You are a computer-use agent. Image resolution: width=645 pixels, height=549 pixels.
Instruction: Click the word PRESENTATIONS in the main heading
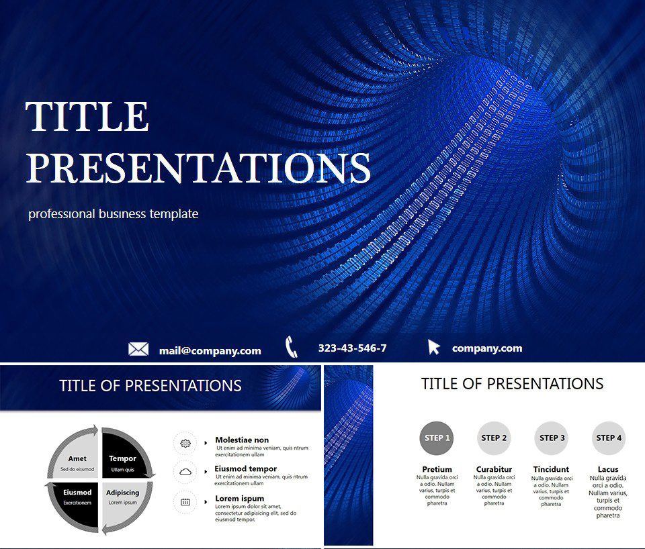click(198, 168)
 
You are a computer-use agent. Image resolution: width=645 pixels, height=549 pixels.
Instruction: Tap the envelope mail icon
click(138, 349)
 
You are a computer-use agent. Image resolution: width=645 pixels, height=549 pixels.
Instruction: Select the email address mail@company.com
click(210, 350)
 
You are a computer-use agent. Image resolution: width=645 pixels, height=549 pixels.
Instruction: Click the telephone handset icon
click(292, 347)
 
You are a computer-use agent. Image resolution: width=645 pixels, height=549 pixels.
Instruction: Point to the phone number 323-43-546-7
click(352, 348)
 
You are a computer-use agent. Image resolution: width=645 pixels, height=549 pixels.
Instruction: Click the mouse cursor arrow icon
click(434, 347)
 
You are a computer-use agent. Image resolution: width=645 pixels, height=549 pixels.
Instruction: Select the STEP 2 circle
click(494, 438)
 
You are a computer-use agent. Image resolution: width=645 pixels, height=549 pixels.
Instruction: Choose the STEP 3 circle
click(552, 438)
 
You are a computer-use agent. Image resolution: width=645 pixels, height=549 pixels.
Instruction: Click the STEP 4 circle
click(609, 438)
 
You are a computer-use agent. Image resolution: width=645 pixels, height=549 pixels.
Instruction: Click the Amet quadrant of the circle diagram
click(76, 459)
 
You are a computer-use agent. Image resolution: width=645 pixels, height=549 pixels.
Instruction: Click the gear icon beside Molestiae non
click(185, 444)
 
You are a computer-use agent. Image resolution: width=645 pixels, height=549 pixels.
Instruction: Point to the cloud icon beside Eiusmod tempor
click(185, 472)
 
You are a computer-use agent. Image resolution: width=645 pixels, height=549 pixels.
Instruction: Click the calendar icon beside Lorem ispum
click(185, 502)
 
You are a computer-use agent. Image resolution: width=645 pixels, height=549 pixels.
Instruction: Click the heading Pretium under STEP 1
click(437, 469)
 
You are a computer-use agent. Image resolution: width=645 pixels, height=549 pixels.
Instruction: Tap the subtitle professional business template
click(113, 214)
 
